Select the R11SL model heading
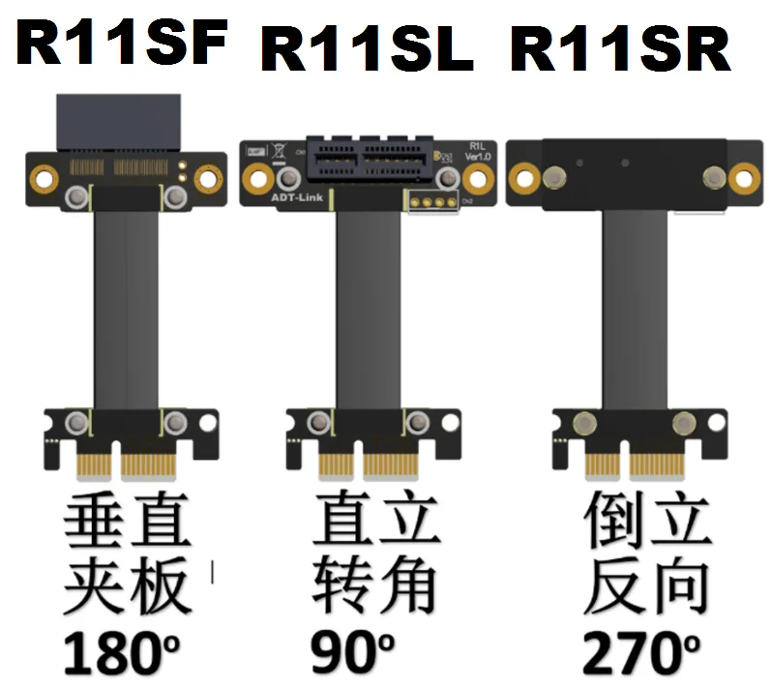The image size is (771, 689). [367, 50]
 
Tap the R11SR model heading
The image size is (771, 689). [619, 50]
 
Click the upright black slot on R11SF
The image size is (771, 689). [121, 120]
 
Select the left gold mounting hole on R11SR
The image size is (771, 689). [523, 177]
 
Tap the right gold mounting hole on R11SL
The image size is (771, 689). [477, 177]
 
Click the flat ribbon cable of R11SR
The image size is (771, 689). [635, 310]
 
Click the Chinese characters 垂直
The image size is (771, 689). [127, 526]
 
